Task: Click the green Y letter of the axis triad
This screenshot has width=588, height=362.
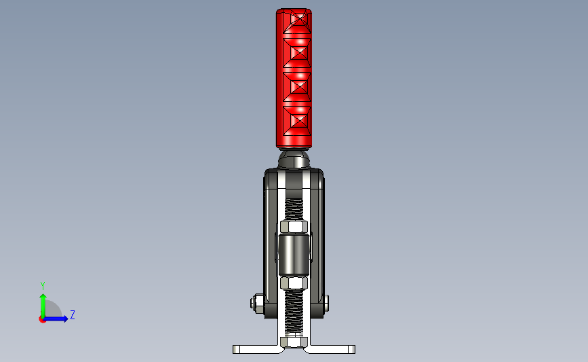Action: [x=42, y=285]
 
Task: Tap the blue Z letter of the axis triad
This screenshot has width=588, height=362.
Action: [x=72, y=314]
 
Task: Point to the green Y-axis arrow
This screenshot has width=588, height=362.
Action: [x=42, y=304]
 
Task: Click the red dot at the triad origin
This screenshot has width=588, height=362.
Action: [x=42, y=319]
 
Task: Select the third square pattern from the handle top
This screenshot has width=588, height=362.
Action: [x=295, y=86]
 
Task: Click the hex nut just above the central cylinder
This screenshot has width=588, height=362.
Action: [x=294, y=226]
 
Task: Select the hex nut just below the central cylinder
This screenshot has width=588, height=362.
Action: [x=294, y=283]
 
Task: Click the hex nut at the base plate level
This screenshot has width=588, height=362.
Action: [x=294, y=342]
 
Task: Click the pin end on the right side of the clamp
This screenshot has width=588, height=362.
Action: [x=328, y=303]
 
